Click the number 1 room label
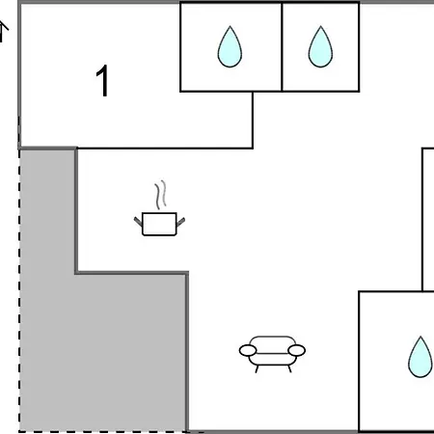click(103, 80)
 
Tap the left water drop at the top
click(230, 47)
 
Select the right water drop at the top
click(320, 47)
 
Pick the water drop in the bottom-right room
click(420, 357)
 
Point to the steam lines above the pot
click(161, 195)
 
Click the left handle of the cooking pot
click(138, 222)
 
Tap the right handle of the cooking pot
click(180, 222)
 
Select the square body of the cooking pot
click(159, 224)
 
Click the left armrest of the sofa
click(248, 350)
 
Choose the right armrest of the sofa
click(296, 350)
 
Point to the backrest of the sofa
click(272, 341)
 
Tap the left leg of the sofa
click(257, 368)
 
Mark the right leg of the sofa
click(289, 368)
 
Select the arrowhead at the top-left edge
click(3, 27)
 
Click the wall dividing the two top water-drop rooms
click(282, 47)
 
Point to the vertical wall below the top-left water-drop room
click(253, 121)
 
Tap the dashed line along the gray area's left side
click(19, 289)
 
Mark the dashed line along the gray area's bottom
click(103, 431)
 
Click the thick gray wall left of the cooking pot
click(76, 211)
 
